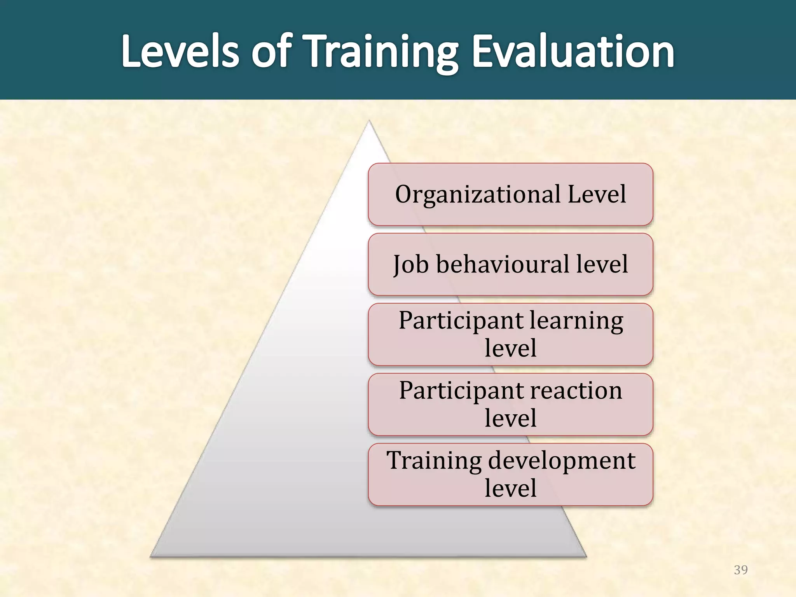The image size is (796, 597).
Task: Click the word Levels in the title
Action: coord(180,52)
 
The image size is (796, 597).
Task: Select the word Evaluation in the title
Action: coord(573,52)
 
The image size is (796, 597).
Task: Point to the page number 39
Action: coord(741,570)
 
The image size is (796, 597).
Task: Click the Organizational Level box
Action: coord(510,194)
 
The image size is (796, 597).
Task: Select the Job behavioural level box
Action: coord(510,264)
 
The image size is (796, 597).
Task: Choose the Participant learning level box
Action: coord(510,334)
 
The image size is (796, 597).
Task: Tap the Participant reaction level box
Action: coord(510,404)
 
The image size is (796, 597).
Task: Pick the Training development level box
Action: coord(510,474)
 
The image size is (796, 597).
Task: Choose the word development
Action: coord(562,461)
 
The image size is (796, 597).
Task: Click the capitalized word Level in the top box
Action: coord(597,194)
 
